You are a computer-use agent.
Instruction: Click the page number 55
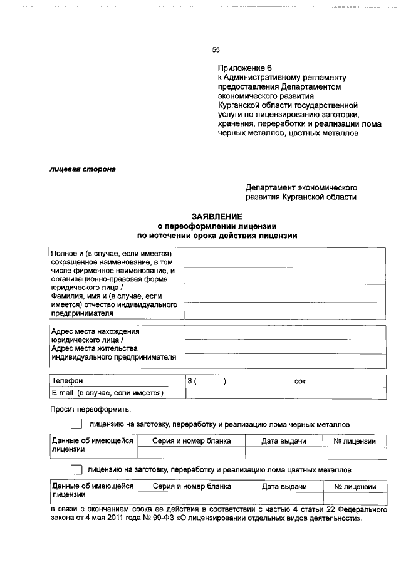216,50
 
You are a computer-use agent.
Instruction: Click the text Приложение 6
245,68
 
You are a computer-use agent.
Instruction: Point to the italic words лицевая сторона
83,169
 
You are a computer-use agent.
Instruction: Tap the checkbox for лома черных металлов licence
76,424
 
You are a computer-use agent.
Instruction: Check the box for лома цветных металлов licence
76,469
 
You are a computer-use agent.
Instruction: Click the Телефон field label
67,380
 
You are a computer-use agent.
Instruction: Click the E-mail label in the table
63,393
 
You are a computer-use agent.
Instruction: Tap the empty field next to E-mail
285,393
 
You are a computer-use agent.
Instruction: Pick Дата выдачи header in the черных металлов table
284,441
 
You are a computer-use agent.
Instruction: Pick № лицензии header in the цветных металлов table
355,486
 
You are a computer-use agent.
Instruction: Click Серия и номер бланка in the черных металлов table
192,441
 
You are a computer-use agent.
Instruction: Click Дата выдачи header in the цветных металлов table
284,486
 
